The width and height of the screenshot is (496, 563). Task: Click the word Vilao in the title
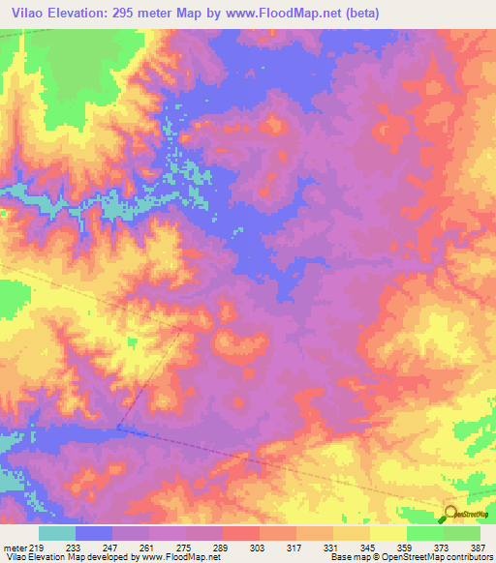click(30, 13)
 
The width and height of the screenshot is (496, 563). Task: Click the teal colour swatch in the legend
click(57, 533)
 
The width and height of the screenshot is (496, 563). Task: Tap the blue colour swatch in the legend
click(94, 533)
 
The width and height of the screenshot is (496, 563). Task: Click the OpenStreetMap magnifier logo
click(451, 513)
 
